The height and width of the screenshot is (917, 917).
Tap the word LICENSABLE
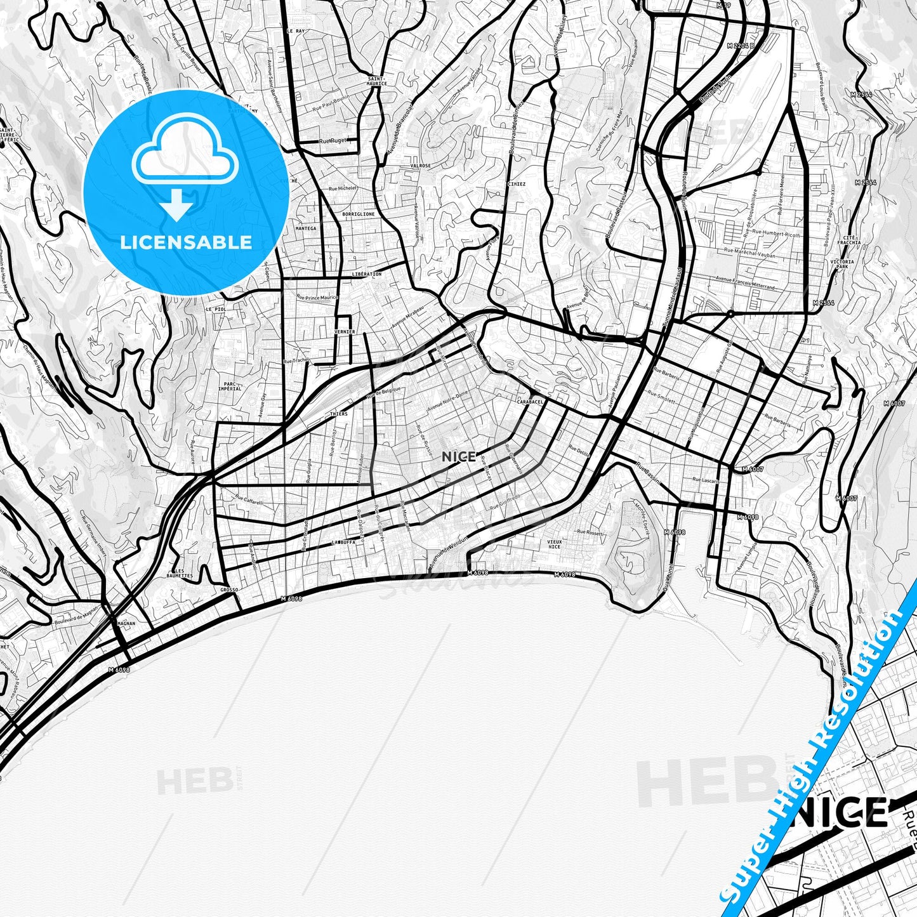(x=186, y=242)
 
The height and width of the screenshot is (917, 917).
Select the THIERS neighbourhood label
(x=339, y=414)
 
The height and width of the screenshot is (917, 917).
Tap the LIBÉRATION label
(x=366, y=274)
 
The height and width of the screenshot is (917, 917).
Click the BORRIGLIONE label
(x=359, y=214)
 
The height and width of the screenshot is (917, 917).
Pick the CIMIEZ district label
(x=517, y=185)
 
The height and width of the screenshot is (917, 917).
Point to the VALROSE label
(x=421, y=166)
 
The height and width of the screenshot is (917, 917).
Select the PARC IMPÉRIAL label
(x=230, y=386)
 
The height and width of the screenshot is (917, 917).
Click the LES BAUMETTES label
(x=180, y=573)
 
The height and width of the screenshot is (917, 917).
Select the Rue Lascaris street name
(x=706, y=480)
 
